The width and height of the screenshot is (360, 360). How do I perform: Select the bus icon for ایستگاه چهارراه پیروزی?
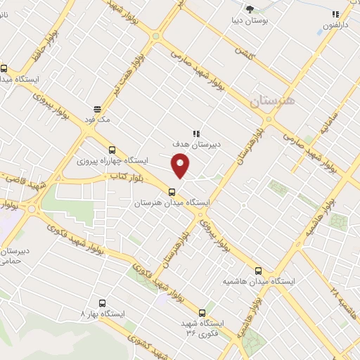pos(112,149)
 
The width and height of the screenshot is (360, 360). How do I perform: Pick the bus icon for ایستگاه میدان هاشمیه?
pos(258,269)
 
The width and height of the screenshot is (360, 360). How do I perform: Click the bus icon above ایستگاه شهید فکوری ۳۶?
pos(202,312)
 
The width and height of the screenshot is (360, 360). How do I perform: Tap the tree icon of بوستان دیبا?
pos(250,9)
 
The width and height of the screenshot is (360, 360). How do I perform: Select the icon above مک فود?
pos(96,109)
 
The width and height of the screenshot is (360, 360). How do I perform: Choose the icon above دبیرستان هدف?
pos(196,133)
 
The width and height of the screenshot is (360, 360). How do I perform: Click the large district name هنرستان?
pos(273,101)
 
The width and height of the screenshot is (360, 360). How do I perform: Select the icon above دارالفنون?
pos(335,14)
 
